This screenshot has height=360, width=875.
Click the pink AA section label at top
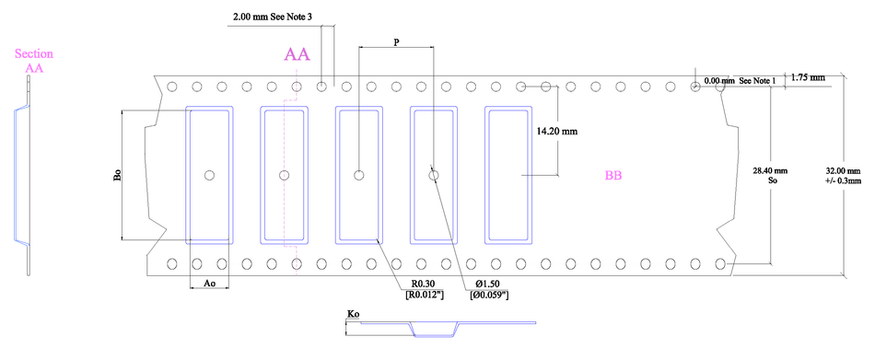point(297,55)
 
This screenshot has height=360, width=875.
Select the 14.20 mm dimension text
point(556,132)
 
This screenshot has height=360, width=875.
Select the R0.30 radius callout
point(422,283)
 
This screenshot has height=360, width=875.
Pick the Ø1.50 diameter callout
point(489,283)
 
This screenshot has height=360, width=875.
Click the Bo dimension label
point(118,176)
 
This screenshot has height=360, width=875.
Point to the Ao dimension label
point(208,284)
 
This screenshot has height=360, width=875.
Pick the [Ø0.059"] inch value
point(489,295)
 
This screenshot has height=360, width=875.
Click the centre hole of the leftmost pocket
point(209,174)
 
